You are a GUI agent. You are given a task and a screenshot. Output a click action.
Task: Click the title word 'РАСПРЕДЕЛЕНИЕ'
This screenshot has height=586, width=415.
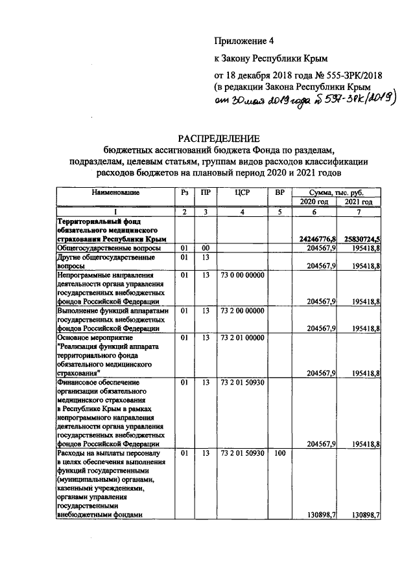click(219, 138)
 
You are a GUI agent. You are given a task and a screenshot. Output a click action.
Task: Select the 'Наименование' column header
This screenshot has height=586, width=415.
click(115, 193)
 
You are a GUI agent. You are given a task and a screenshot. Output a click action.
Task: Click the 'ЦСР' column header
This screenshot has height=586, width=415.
click(241, 193)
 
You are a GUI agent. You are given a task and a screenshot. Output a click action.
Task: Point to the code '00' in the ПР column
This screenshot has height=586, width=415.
click(205, 248)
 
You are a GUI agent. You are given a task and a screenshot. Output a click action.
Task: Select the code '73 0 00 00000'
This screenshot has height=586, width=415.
click(241, 275)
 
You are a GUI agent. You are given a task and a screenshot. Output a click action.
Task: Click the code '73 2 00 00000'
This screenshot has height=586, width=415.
click(241, 311)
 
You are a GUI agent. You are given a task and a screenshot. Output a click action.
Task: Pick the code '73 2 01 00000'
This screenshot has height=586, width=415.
click(241, 337)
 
